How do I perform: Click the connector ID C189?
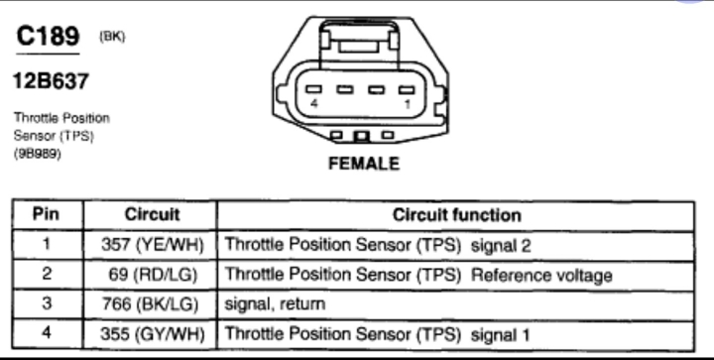click(x=48, y=36)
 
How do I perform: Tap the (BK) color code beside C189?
click(x=112, y=37)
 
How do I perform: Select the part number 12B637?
click(x=51, y=81)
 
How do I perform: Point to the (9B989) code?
click(x=38, y=154)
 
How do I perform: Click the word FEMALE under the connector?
click(x=364, y=164)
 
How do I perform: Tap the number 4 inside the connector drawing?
click(x=314, y=104)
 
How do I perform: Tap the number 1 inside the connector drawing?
click(x=408, y=104)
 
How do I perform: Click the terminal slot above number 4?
click(x=313, y=89)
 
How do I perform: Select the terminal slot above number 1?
click(x=407, y=89)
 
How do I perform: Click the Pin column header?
click(x=46, y=214)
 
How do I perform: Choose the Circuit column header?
click(x=152, y=214)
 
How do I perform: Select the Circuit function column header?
click(x=457, y=215)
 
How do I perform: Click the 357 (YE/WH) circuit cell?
click(x=152, y=245)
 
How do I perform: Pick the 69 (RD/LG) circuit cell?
click(x=153, y=275)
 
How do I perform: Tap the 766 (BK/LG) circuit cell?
click(x=151, y=304)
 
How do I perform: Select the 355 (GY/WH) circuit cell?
click(x=152, y=334)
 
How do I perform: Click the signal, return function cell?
click(x=275, y=304)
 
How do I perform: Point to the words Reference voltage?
click(x=541, y=276)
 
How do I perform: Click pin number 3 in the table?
click(x=47, y=303)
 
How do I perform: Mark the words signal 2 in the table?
click(x=501, y=246)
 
